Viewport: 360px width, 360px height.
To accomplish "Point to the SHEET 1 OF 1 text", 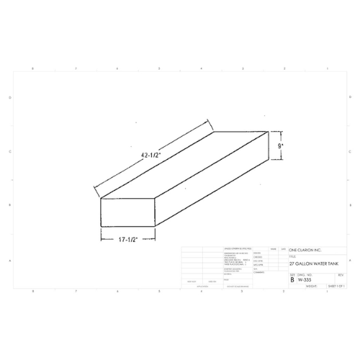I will click(x=336, y=286).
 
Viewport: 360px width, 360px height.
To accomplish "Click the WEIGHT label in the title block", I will click(x=311, y=286).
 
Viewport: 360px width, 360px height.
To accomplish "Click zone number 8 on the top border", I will click(x=34, y=68).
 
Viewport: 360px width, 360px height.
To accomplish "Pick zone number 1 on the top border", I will click(x=326, y=68).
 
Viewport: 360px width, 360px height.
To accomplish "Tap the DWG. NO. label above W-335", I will click(x=305, y=274).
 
